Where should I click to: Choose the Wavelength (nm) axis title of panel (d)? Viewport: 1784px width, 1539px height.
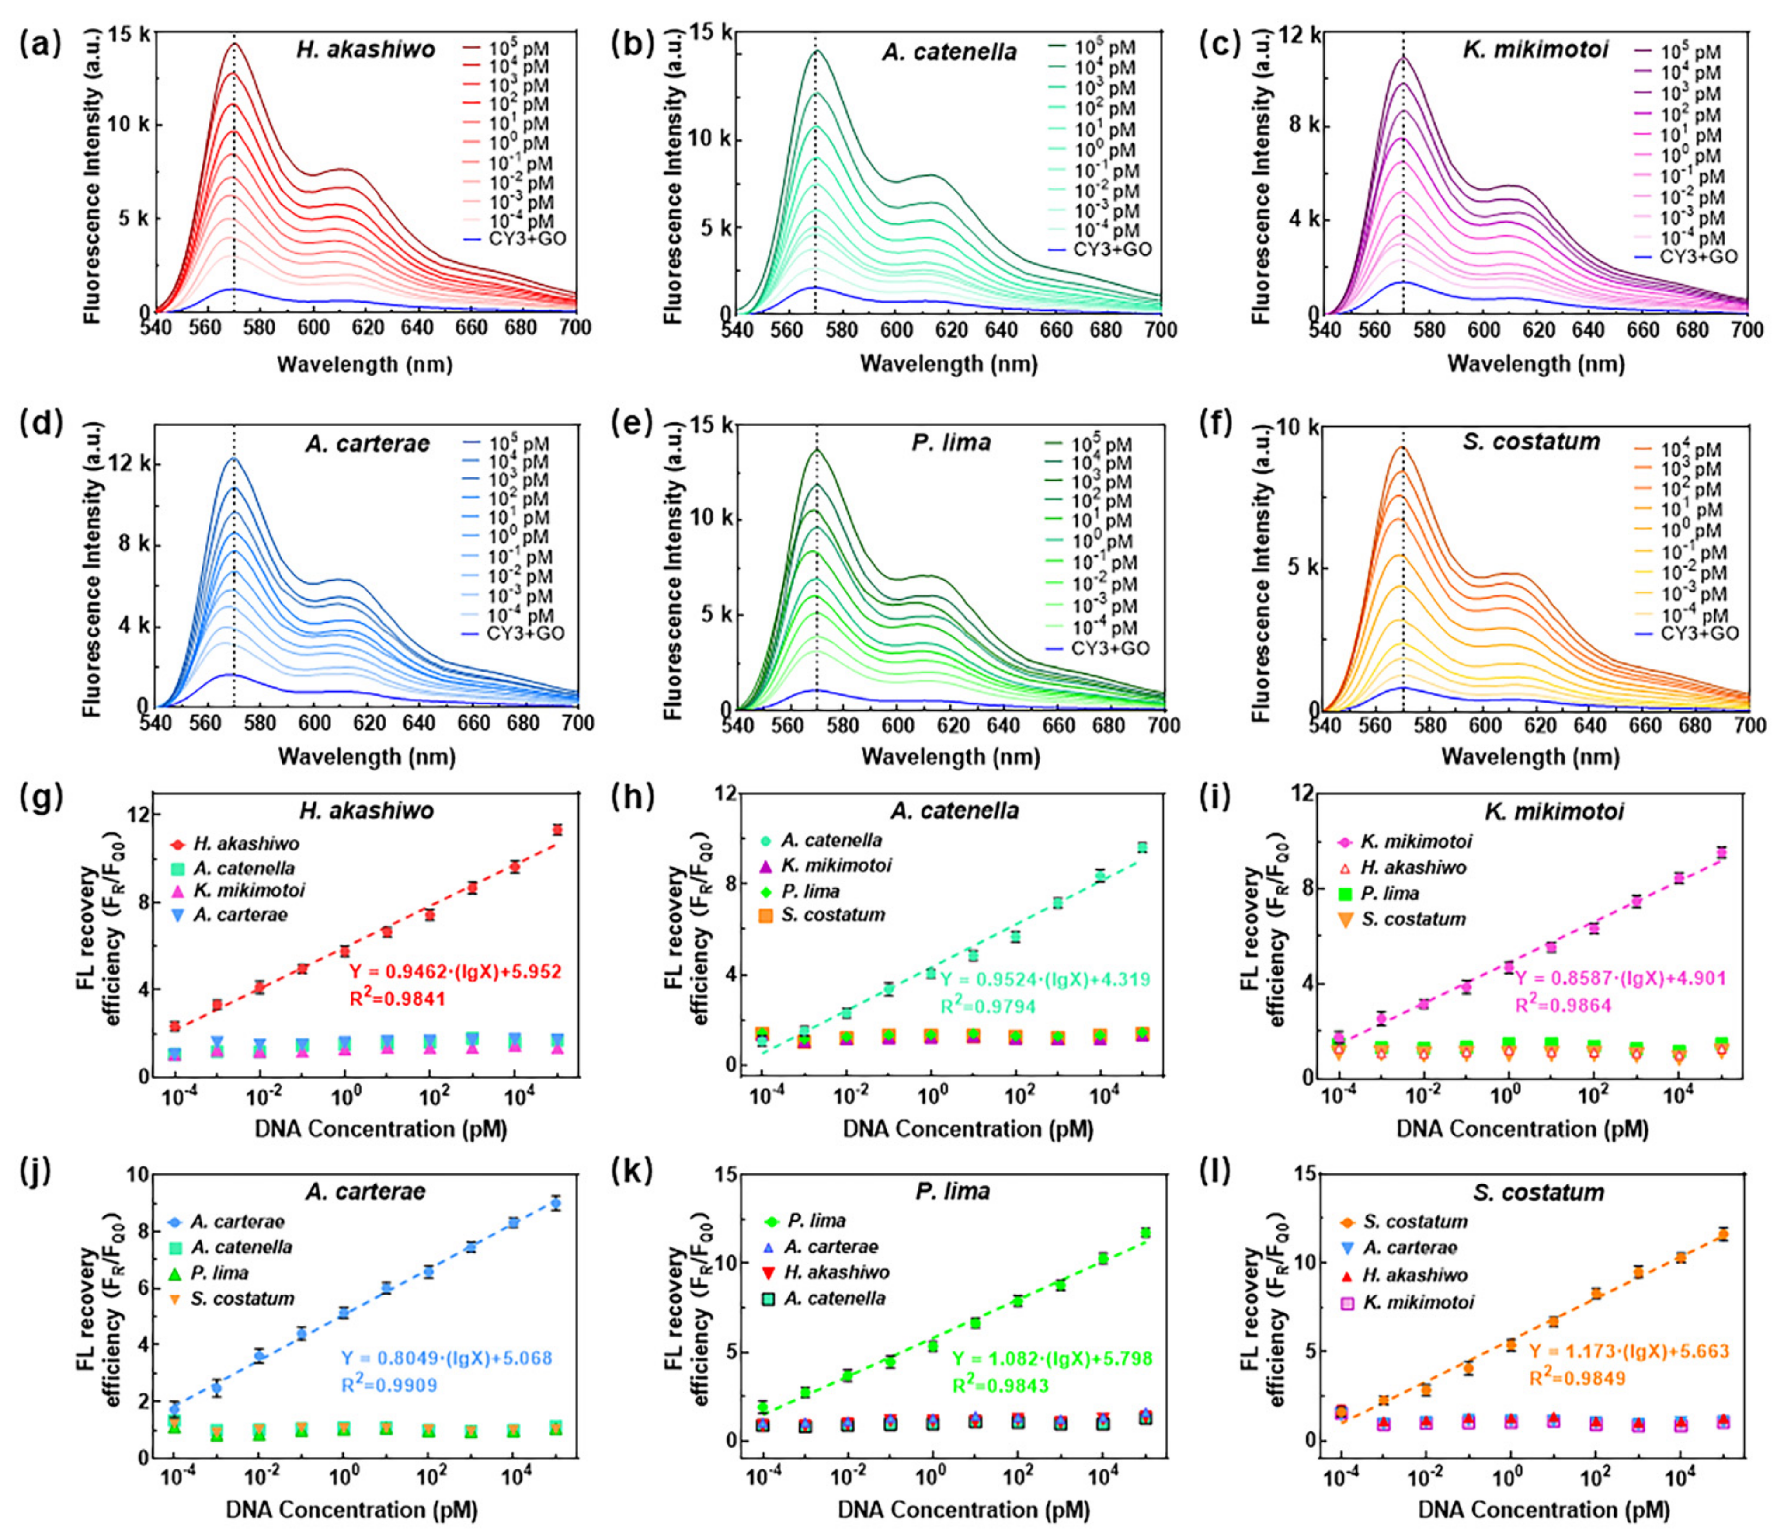[366, 757]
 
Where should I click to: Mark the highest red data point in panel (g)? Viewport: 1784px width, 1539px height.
[557, 829]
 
